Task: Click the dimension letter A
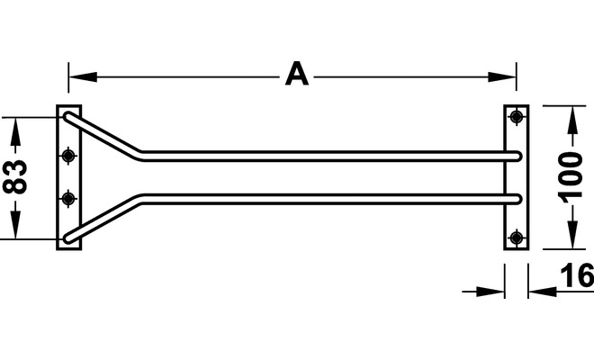click(x=297, y=74)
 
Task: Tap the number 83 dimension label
click(x=15, y=177)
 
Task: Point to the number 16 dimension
click(x=577, y=275)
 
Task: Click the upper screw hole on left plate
click(x=68, y=155)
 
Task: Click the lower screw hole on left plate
click(x=68, y=199)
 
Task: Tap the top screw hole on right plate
click(x=517, y=116)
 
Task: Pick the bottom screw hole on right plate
click(x=517, y=238)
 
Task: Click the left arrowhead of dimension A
click(x=83, y=76)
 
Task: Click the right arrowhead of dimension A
click(x=502, y=76)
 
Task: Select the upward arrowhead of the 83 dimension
click(x=15, y=131)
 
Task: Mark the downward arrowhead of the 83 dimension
click(x=15, y=225)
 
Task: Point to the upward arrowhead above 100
click(x=572, y=120)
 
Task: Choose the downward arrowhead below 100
click(x=572, y=235)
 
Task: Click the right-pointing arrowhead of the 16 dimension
click(x=490, y=292)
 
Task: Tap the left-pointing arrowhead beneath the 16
click(x=543, y=292)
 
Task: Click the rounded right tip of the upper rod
click(x=517, y=156)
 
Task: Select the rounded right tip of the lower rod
click(x=517, y=199)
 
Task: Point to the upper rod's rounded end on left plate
click(x=67, y=116)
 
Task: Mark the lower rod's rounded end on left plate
click(x=67, y=238)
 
